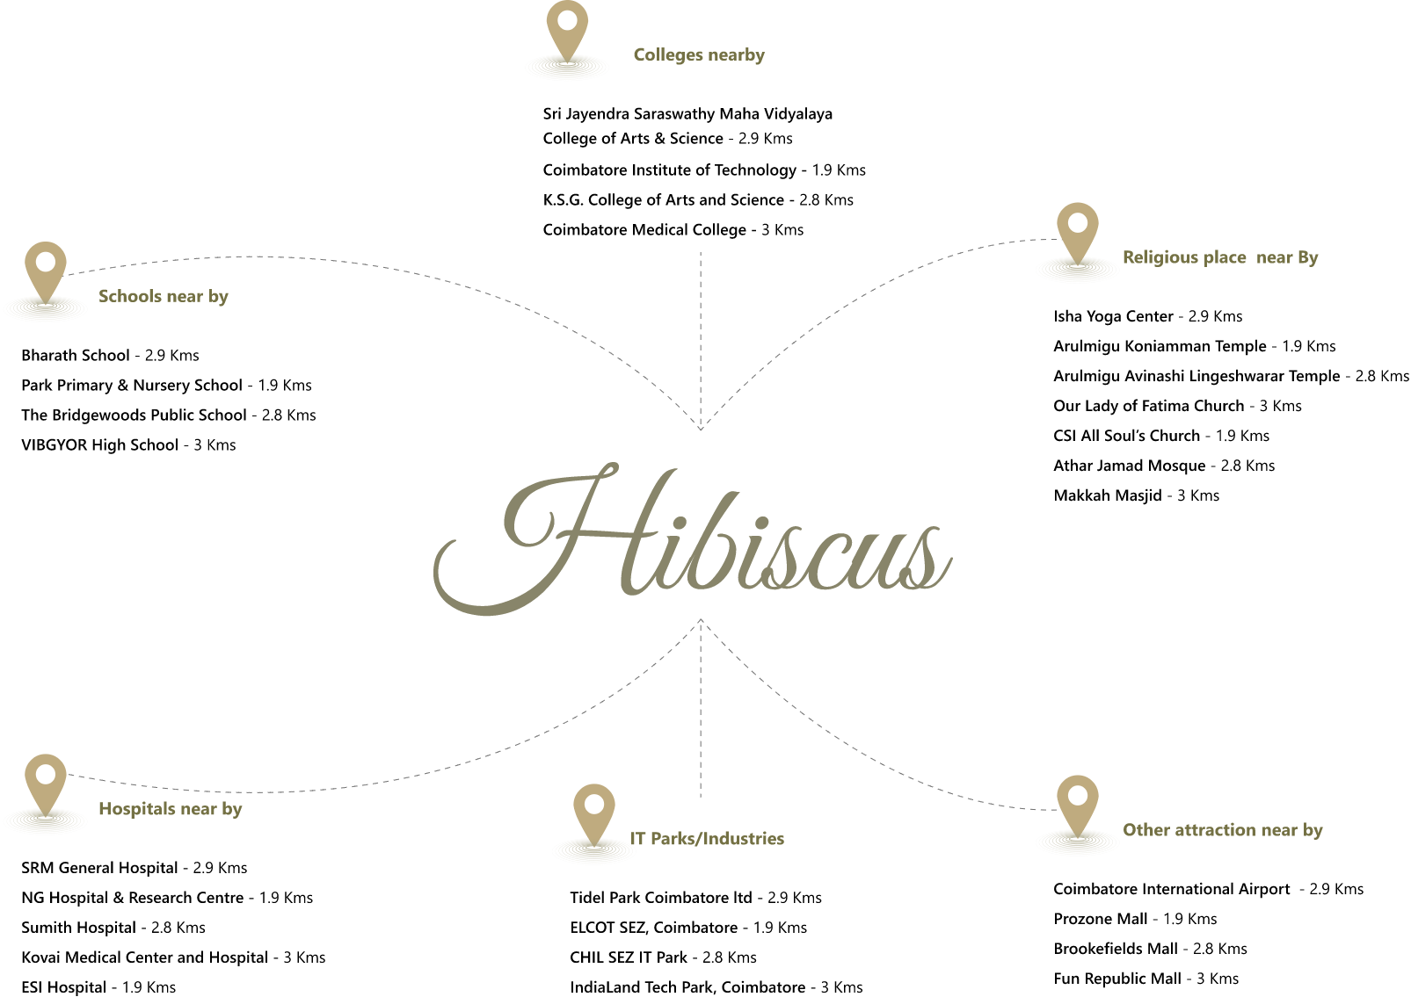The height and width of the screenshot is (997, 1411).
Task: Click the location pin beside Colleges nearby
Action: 567,31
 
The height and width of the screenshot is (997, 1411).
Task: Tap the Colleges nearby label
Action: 699,54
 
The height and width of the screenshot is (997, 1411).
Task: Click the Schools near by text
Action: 164,296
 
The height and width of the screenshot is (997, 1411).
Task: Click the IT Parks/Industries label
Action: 708,839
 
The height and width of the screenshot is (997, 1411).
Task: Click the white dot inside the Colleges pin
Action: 567,19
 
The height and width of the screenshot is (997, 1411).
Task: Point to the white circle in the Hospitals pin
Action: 46,774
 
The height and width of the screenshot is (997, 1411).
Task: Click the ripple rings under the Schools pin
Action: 46,309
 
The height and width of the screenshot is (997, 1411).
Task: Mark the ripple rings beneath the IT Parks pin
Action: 593,852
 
